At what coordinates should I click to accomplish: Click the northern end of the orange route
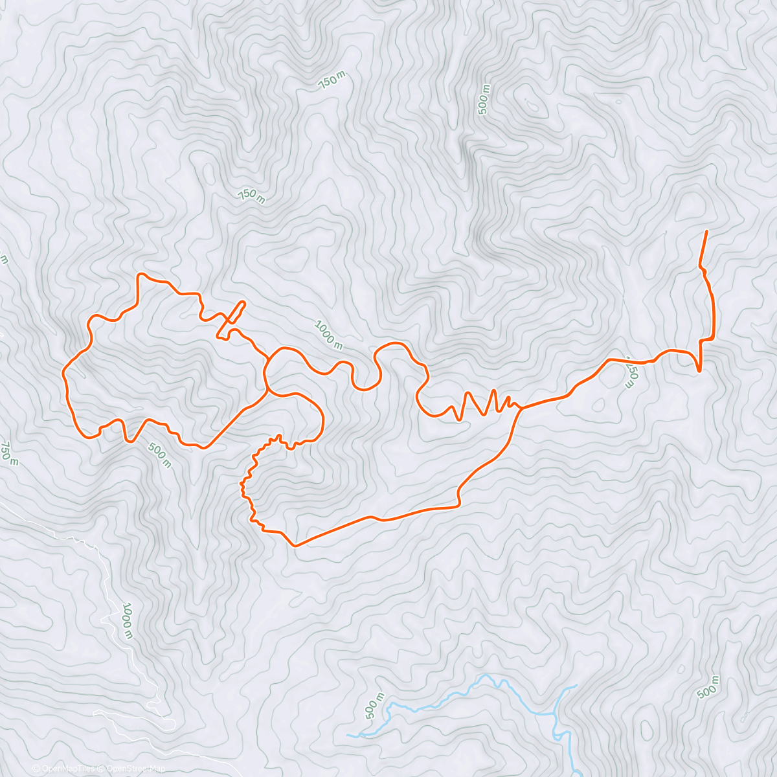(x=706, y=231)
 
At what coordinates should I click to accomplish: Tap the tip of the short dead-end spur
(x=244, y=302)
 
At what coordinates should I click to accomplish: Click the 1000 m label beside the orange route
(x=328, y=334)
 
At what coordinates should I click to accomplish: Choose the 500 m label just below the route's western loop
(x=159, y=455)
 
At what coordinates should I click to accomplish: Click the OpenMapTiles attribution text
(x=63, y=769)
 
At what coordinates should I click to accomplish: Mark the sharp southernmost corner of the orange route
(x=295, y=546)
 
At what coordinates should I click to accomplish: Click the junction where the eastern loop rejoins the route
(x=522, y=408)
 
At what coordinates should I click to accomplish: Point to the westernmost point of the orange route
(x=63, y=372)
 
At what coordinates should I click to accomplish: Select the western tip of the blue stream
(x=348, y=736)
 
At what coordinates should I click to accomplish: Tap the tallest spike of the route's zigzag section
(x=494, y=390)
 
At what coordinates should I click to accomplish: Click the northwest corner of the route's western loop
(x=139, y=275)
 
